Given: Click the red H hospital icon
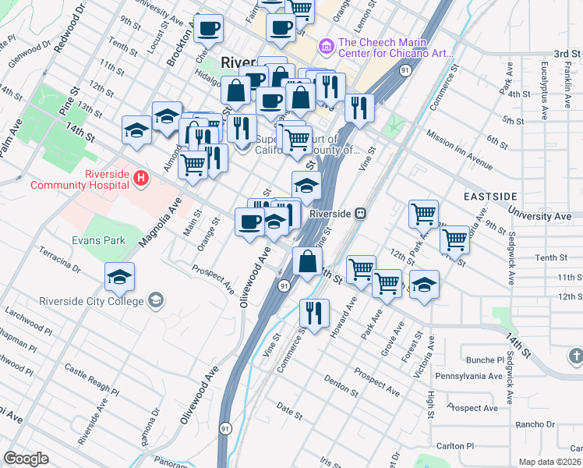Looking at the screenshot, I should point(140,179).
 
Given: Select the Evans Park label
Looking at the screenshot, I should point(98,241).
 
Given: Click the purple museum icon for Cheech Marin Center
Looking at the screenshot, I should point(326,48).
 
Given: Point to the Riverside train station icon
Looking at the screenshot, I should point(360,213).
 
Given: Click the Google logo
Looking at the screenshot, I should point(26,459).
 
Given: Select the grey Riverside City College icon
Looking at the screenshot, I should point(156,301).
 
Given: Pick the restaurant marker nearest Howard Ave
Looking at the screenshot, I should point(314,314).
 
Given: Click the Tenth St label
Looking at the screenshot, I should point(550,257).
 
